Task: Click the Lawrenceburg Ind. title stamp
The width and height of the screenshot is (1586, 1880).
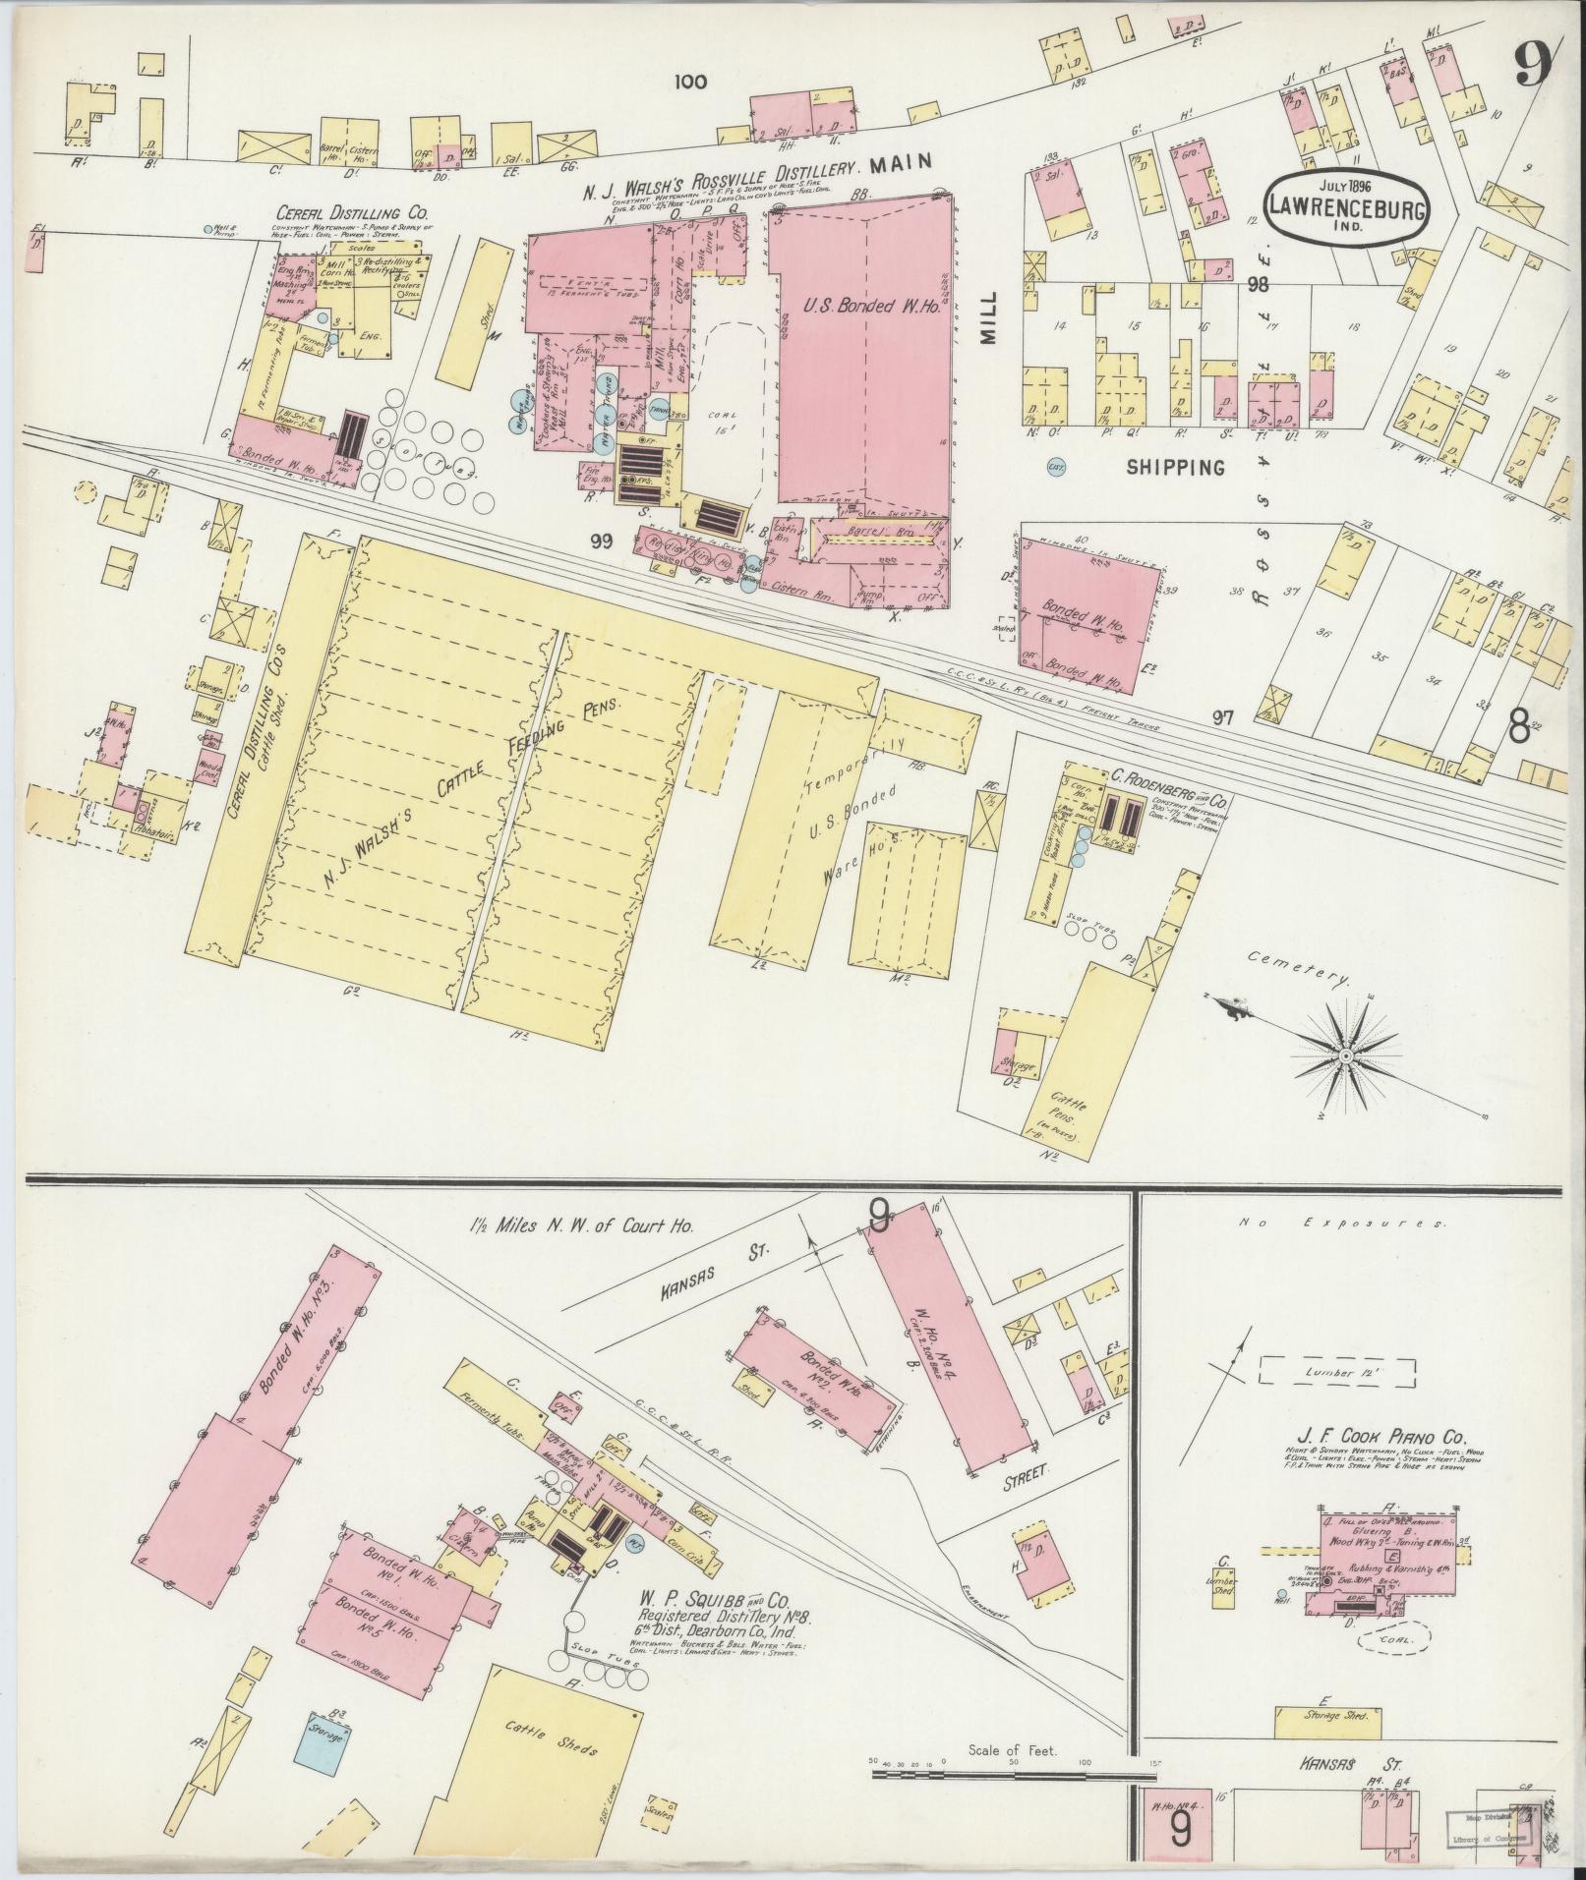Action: [1346, 207]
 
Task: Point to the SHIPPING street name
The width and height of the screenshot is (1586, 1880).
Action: [1177, 468]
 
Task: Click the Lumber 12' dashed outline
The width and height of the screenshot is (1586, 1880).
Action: [1337, 1371]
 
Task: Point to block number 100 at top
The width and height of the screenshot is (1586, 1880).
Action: [690, 83]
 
